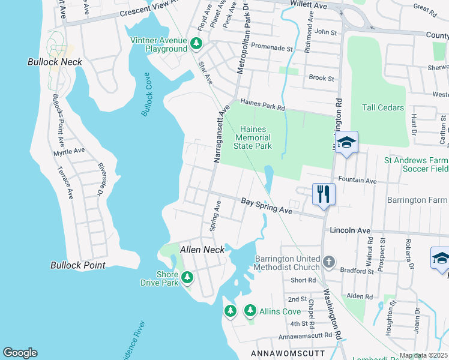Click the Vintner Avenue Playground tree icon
coord(196,44)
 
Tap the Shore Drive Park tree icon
coord(188,277)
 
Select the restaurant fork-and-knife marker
coord(323,194)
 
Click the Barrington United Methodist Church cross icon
coord(328,262)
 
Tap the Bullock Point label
coord(78,265)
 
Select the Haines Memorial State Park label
coord(256,137)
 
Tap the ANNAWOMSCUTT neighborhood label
coord(288,352)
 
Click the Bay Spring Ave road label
coord(267,207)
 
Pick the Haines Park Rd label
coord(262,105)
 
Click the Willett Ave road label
coord(309,5)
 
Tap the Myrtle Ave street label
coord(70,152)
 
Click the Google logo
coord(20,352)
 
